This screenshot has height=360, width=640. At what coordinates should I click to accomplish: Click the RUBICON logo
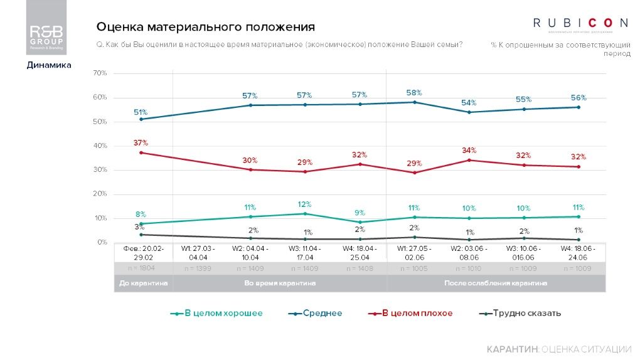point(580,24)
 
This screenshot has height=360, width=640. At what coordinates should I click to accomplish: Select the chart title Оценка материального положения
point(205,27)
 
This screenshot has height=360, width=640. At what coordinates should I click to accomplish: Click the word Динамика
point(48,65)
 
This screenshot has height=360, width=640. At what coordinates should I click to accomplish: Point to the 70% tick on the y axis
point(100,73)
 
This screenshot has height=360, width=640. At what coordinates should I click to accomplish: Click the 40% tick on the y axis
point(100,146)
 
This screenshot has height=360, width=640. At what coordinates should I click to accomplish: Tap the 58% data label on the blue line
point(414,93)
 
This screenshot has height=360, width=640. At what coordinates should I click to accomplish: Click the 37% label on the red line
point(140,143)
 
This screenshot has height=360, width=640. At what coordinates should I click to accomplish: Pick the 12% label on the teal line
point(305,204)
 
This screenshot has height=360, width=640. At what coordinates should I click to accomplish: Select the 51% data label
point(140,112)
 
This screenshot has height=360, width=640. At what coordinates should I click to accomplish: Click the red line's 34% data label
point(469,151)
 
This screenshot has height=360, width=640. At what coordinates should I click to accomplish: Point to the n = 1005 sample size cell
point(415,268)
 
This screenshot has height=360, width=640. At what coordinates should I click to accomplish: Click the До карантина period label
point(144,283)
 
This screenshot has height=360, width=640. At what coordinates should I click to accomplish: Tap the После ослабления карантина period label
point(495,283)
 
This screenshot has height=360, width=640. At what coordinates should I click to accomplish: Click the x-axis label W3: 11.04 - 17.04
point(305,253)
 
